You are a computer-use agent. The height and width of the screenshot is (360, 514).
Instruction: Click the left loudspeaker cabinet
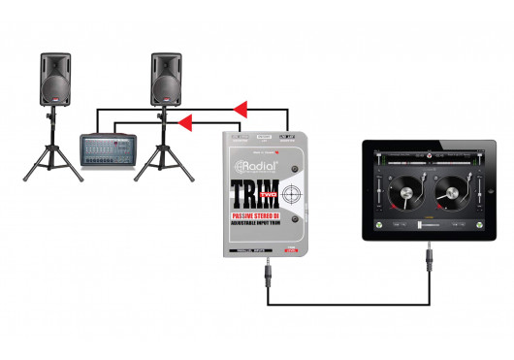pyautogui.click(x=54, y=80)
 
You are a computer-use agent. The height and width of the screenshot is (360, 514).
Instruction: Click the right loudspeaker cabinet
pyautogui.click(x=166, y=80)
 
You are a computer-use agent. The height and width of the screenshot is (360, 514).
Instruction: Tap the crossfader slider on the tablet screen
pyautogui.click(x=428, y=225)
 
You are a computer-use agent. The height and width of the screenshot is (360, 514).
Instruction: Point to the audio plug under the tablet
pyautogui.click(x=428, y=261)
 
